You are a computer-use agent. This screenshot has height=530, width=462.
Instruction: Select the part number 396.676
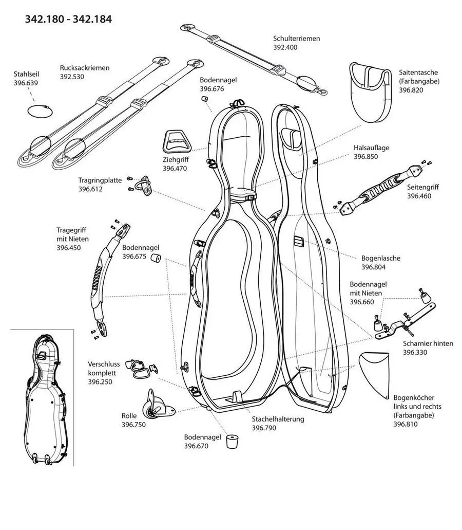coord(211,89)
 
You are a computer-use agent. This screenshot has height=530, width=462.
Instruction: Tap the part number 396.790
coord(265,428)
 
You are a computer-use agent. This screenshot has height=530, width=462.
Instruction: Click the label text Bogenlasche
coord(380,258)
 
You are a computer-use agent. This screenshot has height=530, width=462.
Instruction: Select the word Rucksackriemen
coord(85,67)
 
